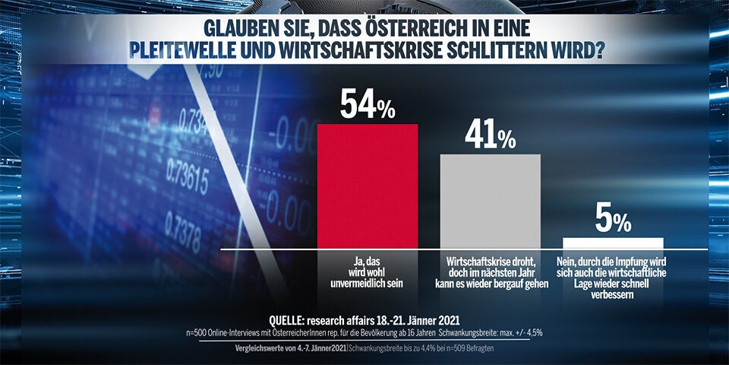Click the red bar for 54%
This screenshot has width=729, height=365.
pyautogui.click(x=367, y=186)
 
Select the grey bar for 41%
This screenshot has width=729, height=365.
pyautogui.click(x=490, y=201)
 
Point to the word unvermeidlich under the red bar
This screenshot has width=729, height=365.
pyautogui.click(x=368, y=283)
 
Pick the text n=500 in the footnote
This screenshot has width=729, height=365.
pyautogui.click(x=198, y=333)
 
